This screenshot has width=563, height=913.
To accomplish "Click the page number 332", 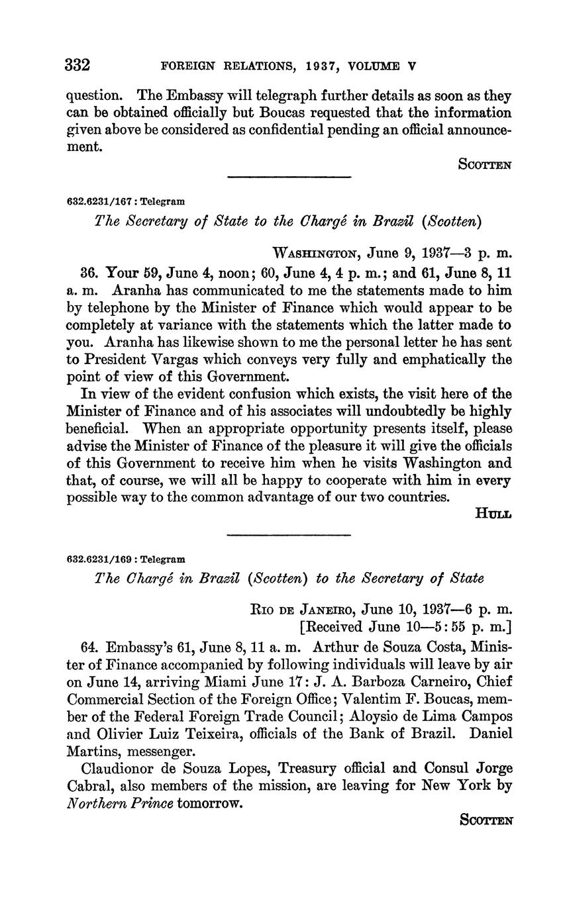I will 78,66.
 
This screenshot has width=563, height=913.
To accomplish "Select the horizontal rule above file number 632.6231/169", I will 289,534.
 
